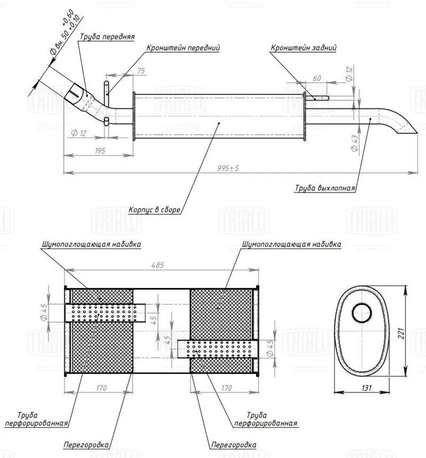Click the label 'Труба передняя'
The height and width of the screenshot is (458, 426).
click(107, 37)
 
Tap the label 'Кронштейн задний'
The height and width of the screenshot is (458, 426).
click(304, 47)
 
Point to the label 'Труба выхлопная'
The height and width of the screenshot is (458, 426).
click(325, 188)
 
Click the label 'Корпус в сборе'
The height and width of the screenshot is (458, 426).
click(155, 210)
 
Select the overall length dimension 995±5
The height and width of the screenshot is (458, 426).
click(228, 168)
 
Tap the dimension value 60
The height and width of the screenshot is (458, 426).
click(317, 78)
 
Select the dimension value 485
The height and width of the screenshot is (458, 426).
click(158, 265)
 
